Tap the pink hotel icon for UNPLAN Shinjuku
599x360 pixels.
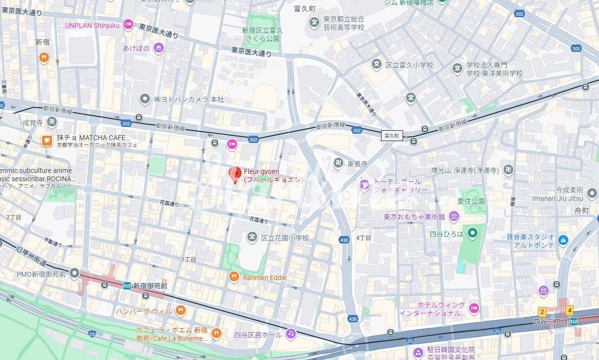(x=128, y=24)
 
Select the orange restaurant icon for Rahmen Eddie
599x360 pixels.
(x=234, y=277)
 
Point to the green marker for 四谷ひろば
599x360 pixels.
(x=472, y=233)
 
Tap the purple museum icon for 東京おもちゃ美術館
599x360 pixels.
(x=454, y=216)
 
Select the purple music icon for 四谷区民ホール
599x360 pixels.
(x=291, y=334)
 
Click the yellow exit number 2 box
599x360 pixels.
(x=542, y=311)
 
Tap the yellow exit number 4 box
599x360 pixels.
(x=569, y=310)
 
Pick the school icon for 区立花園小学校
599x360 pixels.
(x=252, y=238)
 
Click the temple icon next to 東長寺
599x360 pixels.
(x=338, y=163)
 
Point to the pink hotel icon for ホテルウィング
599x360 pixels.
(x=474, y=308)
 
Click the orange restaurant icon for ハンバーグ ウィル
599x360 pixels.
(x=181, y=311)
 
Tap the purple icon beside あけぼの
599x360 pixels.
(x=158, y=48)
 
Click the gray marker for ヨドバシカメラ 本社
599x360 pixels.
(x=145, y=99)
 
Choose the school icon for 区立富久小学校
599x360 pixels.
(x=376, y=64)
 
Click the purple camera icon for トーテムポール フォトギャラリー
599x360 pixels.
(x=364, y=185)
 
